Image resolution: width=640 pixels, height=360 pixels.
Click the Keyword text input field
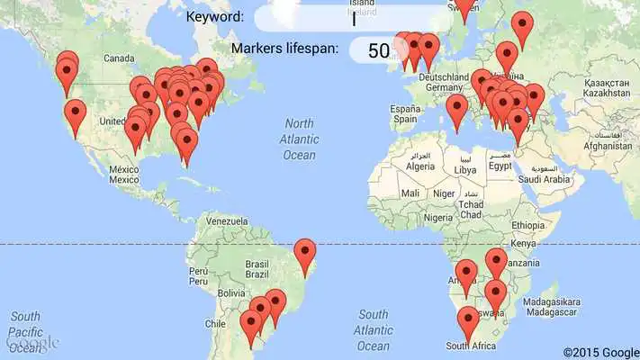click(x=353, y=19)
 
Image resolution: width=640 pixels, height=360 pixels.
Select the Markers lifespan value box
click(x=379, y=50)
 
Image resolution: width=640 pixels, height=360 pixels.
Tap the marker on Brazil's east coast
click(x=306, y=253)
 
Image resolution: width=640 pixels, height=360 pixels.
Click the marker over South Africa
click(x=468, y=320)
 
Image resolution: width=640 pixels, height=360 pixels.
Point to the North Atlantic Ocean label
click(x=299, y=139)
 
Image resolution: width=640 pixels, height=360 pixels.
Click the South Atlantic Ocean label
click(x=373, y=329)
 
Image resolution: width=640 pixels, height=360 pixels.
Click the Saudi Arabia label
click(x=545, y=179)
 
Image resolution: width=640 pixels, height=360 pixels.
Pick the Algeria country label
click(x=419, y=166)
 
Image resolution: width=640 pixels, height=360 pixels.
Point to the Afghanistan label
click(x=608, y=145)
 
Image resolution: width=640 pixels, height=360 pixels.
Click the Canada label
click(x=119, y=58)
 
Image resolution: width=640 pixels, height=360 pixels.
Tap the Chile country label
click(x=213, y=323)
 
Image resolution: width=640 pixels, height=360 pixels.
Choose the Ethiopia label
click(x=528, y=225)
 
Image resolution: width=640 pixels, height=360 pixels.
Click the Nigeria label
click(x=438, y=217)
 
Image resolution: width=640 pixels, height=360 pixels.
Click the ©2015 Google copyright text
click(x=600, y=352)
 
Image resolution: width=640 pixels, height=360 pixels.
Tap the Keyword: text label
click(x=214, y=17)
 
